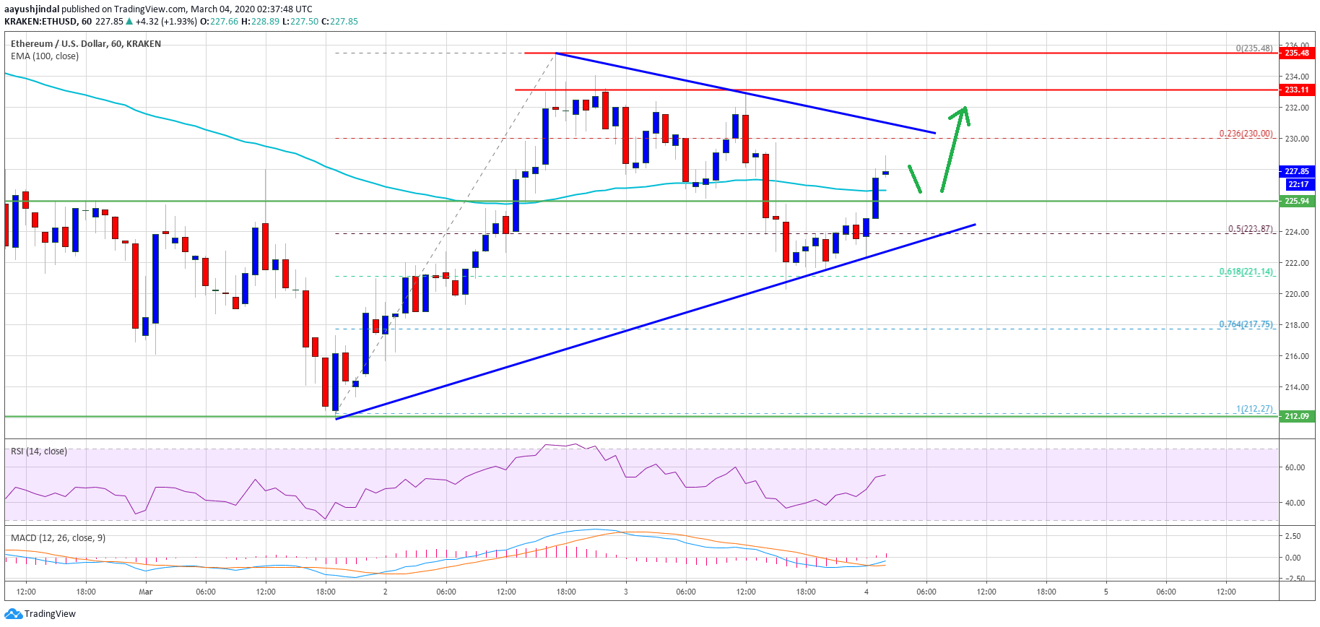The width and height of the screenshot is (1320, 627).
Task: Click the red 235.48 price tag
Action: (1296, 53)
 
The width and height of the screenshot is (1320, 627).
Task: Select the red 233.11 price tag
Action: (1296, 90)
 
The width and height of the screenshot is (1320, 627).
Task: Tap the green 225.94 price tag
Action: (1296, 201)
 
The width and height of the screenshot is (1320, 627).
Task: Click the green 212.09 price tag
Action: (1296, 416)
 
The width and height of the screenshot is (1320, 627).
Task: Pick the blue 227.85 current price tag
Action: (1296, 171)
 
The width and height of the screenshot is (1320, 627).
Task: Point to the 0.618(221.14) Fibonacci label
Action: (1246, 272)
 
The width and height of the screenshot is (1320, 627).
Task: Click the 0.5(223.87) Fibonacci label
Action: (1250, 229)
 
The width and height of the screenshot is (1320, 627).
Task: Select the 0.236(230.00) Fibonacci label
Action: (1246, 134)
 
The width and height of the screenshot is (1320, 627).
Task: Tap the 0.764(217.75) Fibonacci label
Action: (1246, 324)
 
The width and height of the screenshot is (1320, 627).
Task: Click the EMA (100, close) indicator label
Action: (45, 56)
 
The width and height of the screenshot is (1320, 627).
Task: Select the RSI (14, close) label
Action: (39, 451)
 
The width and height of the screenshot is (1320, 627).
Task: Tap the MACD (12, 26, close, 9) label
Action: (58, 538)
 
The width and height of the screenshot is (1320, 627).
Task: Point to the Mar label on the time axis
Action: (146, 592)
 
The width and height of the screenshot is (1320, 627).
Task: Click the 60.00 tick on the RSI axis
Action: (1294, 467)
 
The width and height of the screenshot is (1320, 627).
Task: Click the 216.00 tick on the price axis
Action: (1296, 356)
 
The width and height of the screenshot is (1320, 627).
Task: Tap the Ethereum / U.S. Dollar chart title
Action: (85, 44)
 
